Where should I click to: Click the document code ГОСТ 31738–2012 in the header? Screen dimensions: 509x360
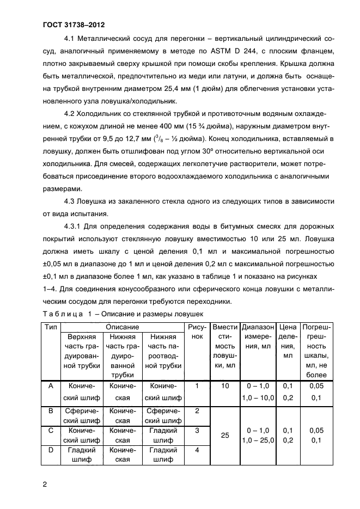click(74, 25)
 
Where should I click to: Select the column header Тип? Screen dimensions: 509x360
click(51, 327)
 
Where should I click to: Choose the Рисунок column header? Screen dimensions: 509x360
click(197, 332)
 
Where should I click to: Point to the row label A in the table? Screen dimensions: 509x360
click(51, 386)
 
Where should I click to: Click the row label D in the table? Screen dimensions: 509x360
click(51, 450)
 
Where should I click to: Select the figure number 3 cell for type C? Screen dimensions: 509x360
click(197, 430)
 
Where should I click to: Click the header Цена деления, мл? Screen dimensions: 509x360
click(287, 341)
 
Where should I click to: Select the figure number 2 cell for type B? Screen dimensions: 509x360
click(197, 410)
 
